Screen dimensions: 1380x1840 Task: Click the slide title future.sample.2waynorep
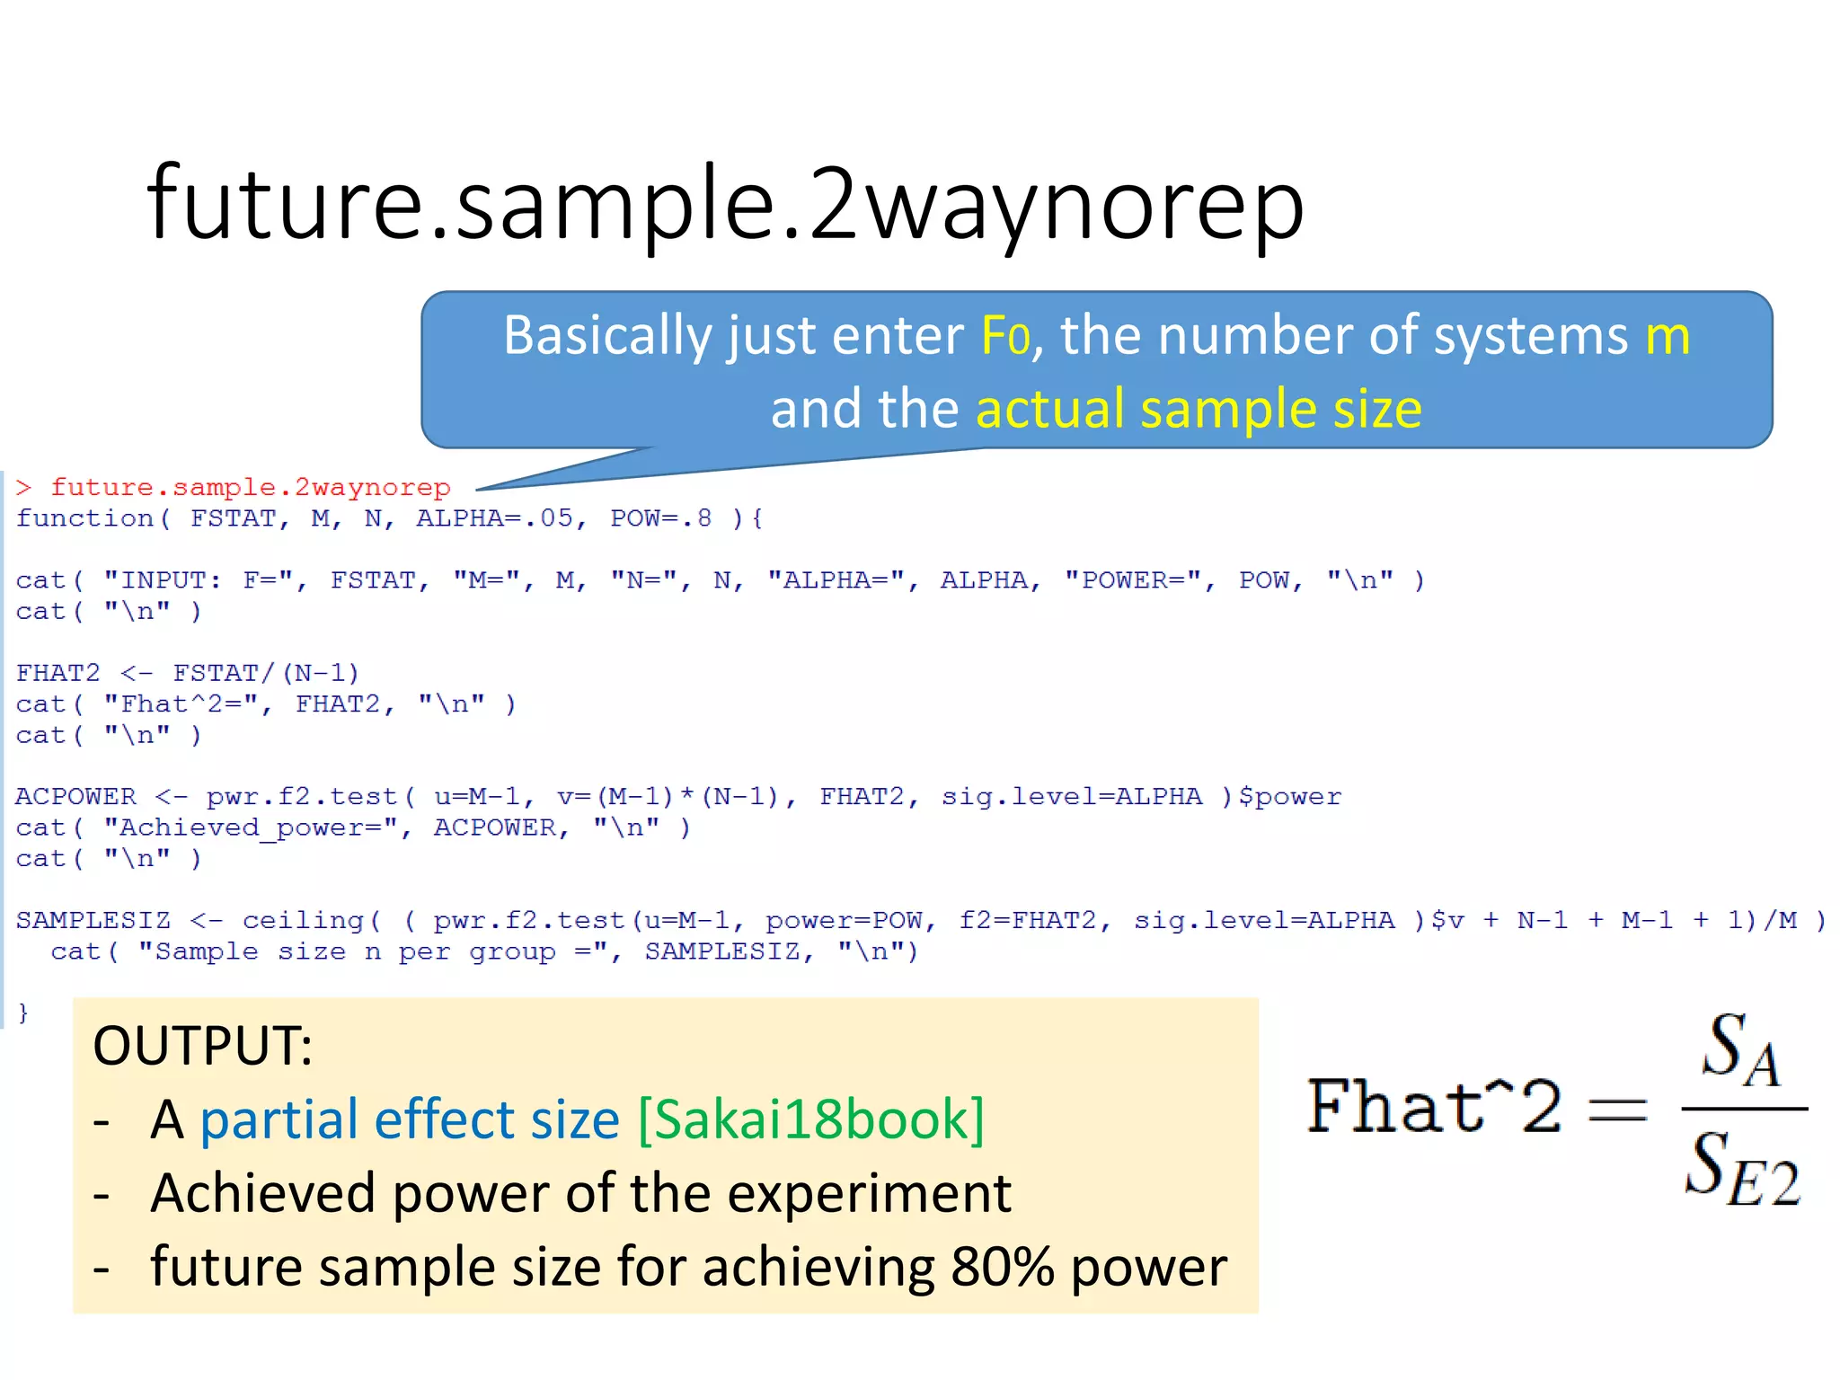725,205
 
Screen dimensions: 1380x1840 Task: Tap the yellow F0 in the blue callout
1004,336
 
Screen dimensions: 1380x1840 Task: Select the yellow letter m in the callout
1667,336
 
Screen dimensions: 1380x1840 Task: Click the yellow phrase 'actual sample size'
1199,409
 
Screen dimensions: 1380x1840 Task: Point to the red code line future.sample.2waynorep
250,487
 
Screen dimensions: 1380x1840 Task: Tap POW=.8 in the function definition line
660,518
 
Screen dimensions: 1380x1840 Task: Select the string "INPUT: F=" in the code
199,580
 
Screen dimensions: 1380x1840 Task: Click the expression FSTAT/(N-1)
266,673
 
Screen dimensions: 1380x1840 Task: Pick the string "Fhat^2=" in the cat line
181,703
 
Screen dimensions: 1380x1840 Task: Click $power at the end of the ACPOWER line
1289,797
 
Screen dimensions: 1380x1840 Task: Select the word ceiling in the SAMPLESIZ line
303,921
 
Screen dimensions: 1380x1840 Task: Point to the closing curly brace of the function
23,1013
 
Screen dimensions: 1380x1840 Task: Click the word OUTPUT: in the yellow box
203,1047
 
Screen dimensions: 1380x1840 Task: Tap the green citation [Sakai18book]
810,1120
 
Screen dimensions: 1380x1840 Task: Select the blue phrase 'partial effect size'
410,1120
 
